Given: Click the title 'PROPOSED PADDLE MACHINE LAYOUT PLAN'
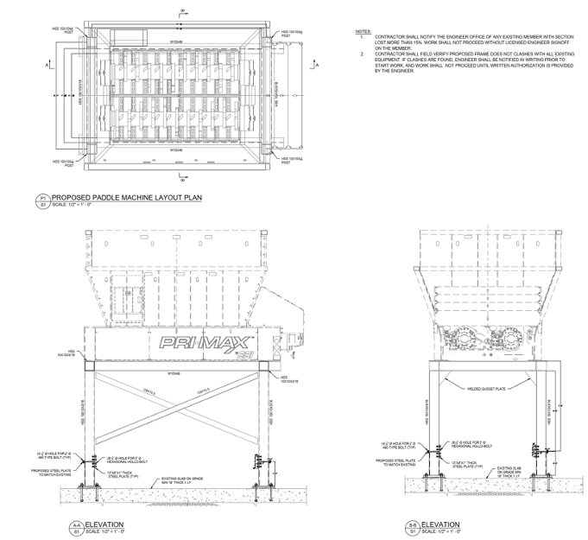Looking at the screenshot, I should (x=127, y=197).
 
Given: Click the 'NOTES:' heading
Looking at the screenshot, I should (x=363, y=32).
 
